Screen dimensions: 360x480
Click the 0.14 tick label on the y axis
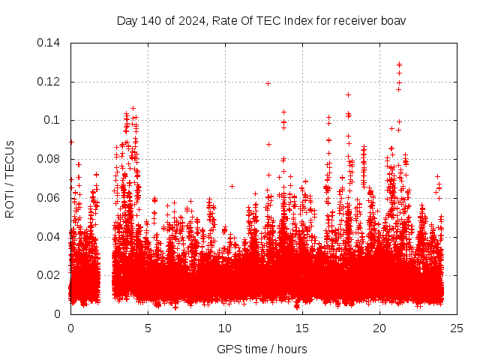[x=51, y=43]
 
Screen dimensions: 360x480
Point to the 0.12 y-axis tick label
[x=51, y=82]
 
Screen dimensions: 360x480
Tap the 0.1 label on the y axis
[x=54, y=120]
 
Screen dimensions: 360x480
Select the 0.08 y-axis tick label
[x=51, y=159]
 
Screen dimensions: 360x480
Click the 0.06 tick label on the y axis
[x=51, y=198]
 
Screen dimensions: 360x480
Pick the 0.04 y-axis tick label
[x=51, y=237]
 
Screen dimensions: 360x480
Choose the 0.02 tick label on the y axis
[x=51, y=275]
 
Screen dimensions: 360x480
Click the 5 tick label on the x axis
[x=148, y=328]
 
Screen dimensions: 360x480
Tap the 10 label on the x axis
[x=225, y=328]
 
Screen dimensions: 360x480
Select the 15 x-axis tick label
[x=303, y=328]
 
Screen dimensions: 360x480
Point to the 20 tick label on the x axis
[x=380, y=328]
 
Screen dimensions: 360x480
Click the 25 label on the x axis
[x=457, y=328]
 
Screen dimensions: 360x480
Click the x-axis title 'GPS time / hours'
[x=262, y=349]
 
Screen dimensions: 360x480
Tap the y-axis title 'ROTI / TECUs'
[x=10, y=179]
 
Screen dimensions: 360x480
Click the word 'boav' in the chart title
[x=394, y=20]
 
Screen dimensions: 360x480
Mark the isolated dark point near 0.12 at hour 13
[x=268, y=83]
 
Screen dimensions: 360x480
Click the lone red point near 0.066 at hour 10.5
[x=232, y=186]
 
